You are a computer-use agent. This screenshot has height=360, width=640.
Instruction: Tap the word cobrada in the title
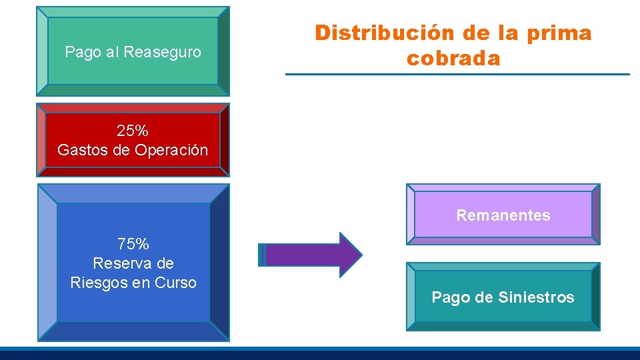(453, 58)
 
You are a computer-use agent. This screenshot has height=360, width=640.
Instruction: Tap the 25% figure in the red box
(133, 131)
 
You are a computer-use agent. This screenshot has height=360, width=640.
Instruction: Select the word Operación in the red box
(171, 150)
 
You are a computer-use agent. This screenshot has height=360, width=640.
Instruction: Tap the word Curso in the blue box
(176, 283)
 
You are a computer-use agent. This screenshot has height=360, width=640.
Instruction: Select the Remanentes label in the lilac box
(503, 215)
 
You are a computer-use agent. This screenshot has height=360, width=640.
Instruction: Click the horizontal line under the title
(457, 74)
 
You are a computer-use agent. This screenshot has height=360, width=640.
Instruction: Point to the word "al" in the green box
(112, 52)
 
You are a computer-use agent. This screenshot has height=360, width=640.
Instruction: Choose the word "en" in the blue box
(141, 283)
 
